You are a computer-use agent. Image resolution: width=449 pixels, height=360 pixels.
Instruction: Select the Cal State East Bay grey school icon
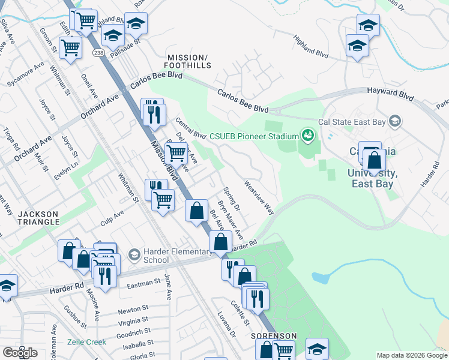pyautogui.click(x=394, y=122)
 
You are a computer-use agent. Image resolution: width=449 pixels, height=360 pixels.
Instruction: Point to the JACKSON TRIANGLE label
pyautogui.click(x=38, y=218)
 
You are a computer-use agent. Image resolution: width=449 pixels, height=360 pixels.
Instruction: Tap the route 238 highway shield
pyautogui.click(x=98, y=53)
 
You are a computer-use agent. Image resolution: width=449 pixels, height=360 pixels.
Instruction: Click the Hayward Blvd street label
pyautogui.click(x=391, y=94)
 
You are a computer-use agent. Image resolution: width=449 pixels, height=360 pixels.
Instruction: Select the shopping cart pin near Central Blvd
pyautogui.click(x=176, y=154)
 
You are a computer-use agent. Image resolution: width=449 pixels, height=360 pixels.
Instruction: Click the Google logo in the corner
pyautogui.click(x=19, y=353)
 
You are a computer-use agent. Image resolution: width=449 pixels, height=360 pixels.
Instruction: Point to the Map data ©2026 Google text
pyautogui.click(x=411, y=355)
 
